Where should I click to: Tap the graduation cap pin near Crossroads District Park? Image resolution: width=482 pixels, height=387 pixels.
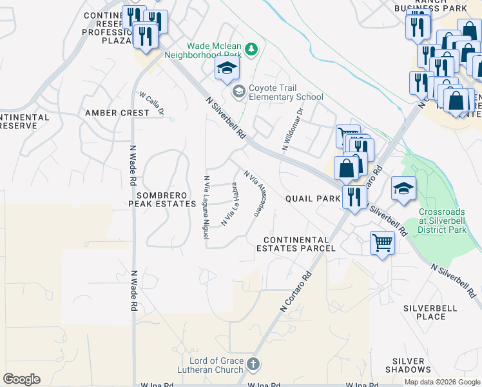(x=403, y=189)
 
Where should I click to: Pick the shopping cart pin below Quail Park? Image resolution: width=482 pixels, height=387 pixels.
(x=383, y=244)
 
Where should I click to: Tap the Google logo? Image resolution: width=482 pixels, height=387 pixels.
(x=21, y=379)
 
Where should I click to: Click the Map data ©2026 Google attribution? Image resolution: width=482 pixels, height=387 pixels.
(x=442, y=382)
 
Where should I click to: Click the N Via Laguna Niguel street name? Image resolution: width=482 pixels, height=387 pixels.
(x=206, y=208)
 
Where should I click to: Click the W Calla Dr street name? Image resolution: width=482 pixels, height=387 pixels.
(x=152, y=103)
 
